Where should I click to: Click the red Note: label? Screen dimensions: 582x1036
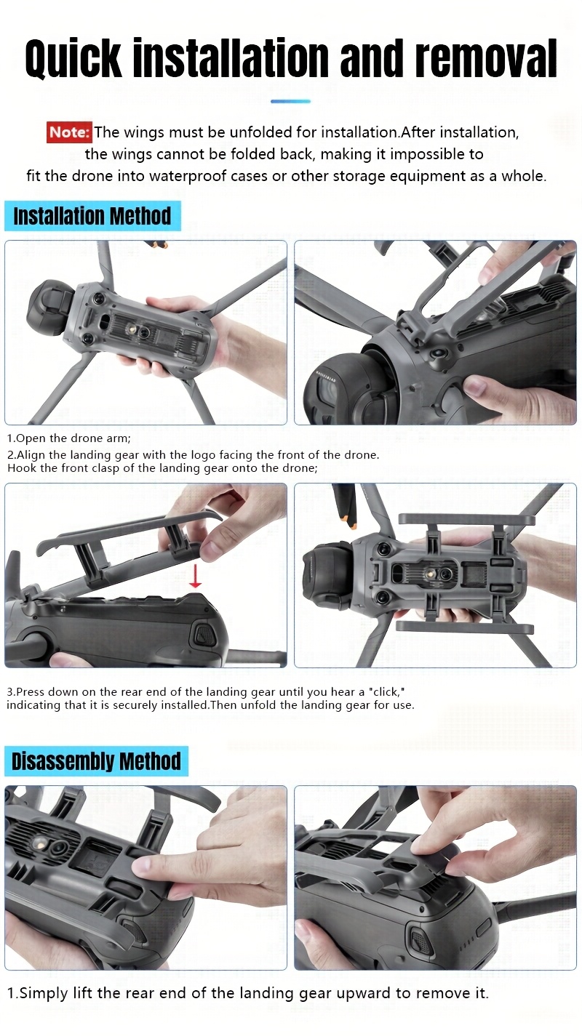pyautogui.click(x=69, y=132)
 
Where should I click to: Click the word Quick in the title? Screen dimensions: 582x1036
pyautogui.click(x=74, y=58)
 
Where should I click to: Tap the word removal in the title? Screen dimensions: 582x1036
pyautogui.click(x=486, y=58)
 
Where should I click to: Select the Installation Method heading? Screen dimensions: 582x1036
pyautogui.click(x=92, y=216)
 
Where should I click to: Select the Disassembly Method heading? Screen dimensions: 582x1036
pyautogui.click(x=96, y=761)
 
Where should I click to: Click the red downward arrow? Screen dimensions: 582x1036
pyautogui.click(x=195, y=575)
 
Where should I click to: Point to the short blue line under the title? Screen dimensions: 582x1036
pyautogui.click(x=290, y=101)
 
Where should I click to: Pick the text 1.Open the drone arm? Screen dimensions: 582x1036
pyautogui.click(x=69, y=438)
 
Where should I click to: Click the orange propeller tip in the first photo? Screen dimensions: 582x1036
pyautogui.click(x=158, y=244)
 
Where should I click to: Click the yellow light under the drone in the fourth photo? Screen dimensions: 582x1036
pyautogui.click(x=428, y=574)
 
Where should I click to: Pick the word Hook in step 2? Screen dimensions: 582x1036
pyautogui.click(x=21, y=468)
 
